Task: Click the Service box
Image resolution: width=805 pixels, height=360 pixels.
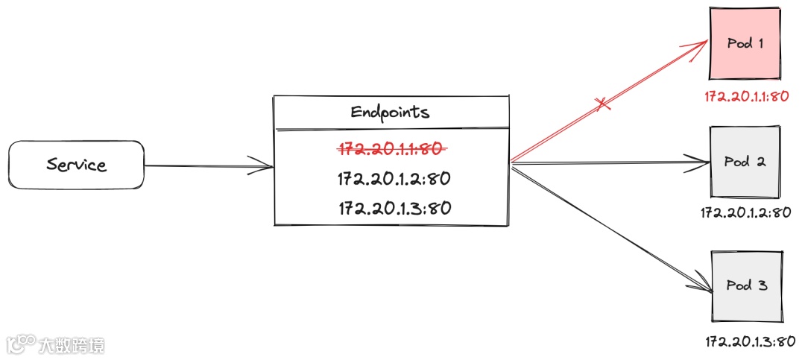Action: (75, 165)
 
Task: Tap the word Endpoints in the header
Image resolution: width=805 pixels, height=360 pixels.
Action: (390, 113)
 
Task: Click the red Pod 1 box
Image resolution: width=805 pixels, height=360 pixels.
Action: (746, 43)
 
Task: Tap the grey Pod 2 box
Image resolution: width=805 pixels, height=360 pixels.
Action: (746, 162)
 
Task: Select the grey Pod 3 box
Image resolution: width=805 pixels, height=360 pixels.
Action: (746, 286)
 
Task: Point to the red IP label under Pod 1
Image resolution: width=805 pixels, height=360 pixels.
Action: (746, 97)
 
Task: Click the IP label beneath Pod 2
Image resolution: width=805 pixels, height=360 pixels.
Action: (745, 213)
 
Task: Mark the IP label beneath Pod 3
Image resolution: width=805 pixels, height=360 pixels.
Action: (750, 342)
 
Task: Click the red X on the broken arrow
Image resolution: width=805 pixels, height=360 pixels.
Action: (604, 106)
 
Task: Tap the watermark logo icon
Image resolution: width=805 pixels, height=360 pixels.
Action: (22, 344)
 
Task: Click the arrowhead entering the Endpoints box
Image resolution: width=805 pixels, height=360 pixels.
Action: (265, 165)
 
